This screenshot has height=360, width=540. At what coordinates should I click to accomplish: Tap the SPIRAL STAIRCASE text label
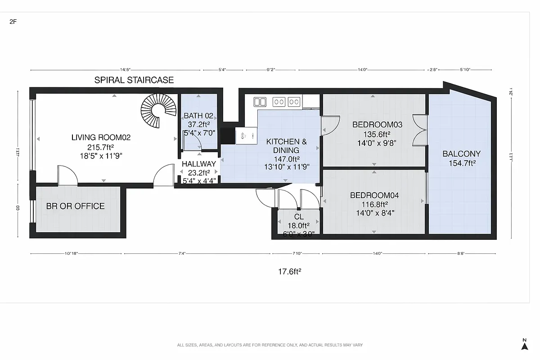click(x=134, y=81)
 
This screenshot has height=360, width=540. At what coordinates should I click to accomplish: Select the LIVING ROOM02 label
click(x=101, y=138)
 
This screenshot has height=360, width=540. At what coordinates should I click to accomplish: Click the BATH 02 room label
click(x=198, y=116)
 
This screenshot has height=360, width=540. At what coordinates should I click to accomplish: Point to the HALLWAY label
click(x=199, y=164)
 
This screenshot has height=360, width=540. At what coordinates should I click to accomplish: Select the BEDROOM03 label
click(x=377, y=125)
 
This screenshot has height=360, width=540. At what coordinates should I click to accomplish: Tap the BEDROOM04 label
click(x=374, y=195)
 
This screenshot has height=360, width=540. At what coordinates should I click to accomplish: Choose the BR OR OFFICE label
click(x=75, y=206)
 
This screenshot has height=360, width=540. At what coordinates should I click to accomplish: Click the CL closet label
click(x=299, y=217)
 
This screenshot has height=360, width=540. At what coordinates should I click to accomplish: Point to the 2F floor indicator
click(x=13, y=21)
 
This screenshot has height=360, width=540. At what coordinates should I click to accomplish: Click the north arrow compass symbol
click(x=524, y=344)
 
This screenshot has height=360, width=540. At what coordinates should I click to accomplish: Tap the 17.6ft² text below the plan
click(x=289, y=271)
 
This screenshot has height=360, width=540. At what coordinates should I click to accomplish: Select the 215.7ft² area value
click(x=101, y=147)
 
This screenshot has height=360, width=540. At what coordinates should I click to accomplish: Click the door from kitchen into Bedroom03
click(x=330, y=125)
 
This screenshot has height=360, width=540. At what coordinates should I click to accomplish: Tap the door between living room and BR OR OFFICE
click(x=68, y=175)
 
